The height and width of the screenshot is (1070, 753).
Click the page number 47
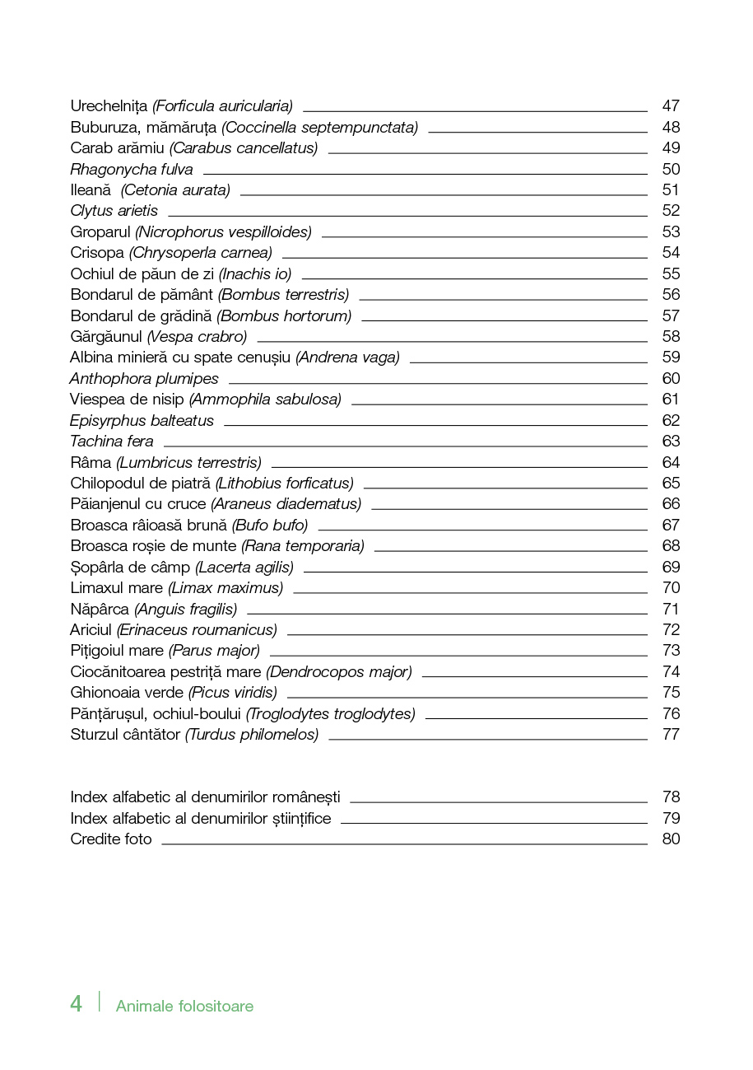pos(671,106)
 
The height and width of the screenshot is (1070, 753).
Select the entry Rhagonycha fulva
pos(132,170)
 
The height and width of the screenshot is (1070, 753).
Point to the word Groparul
pos(100,232)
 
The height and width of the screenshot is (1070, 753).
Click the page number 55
pos(671,273)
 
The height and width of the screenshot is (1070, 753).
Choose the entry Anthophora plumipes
pos(144,379)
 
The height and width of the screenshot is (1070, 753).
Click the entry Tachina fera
pos(112,442)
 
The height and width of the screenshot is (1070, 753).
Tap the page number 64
pos(671,463)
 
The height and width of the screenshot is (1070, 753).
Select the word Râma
pos(91,463)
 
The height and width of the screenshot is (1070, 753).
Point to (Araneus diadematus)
pos(286,504)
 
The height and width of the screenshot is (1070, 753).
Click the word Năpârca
pos(100,610)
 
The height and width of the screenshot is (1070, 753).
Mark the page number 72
pos(671,630)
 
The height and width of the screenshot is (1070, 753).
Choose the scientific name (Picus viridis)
pos(233,693)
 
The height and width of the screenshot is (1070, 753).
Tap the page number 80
pos(671,839)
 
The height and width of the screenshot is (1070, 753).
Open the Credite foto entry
pos(111,839)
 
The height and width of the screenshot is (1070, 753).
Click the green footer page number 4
pos(77,1004)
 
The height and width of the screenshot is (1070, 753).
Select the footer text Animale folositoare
pos(184,1007)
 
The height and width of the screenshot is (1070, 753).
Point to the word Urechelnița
pos(109,106)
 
